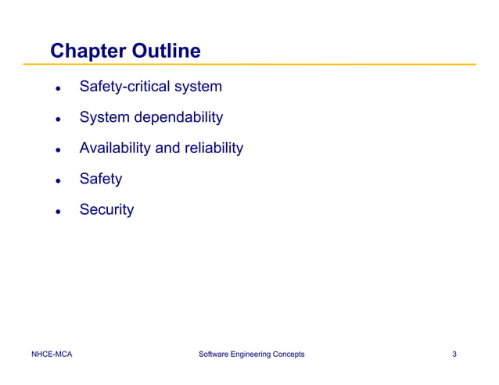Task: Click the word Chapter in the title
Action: pyautogui.click(x=88, y=52)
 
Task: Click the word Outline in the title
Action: pyautogui.click(x=166, y=52)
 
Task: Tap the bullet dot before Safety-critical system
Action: pyautogui.click(x=57, y=88)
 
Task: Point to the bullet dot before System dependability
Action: pyautogui.click(x=57, y=119)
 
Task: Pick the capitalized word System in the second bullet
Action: pyautogui.click(x=104, y=118)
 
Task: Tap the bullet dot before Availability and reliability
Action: pyautogui.click(x=57, y=150)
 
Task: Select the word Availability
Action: pyautogui.click(x=115, y=148)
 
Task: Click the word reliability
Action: pyautogui.click(x=214, y=148)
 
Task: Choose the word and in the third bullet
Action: pyautogui.click(x=168, y=148)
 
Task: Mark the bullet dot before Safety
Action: pyautogui.click(x=57, y=181)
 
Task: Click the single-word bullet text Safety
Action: pyautogui.click(x=101, y=179)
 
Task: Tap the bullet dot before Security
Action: pyautogui.click(x=57, y=212)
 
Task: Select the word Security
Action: pyautogui.click(x=106, y=209)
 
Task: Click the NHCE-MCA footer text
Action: pyautogui.click(x=52, y=355)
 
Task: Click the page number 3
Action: pyautogui.click(x=454, y=355)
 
